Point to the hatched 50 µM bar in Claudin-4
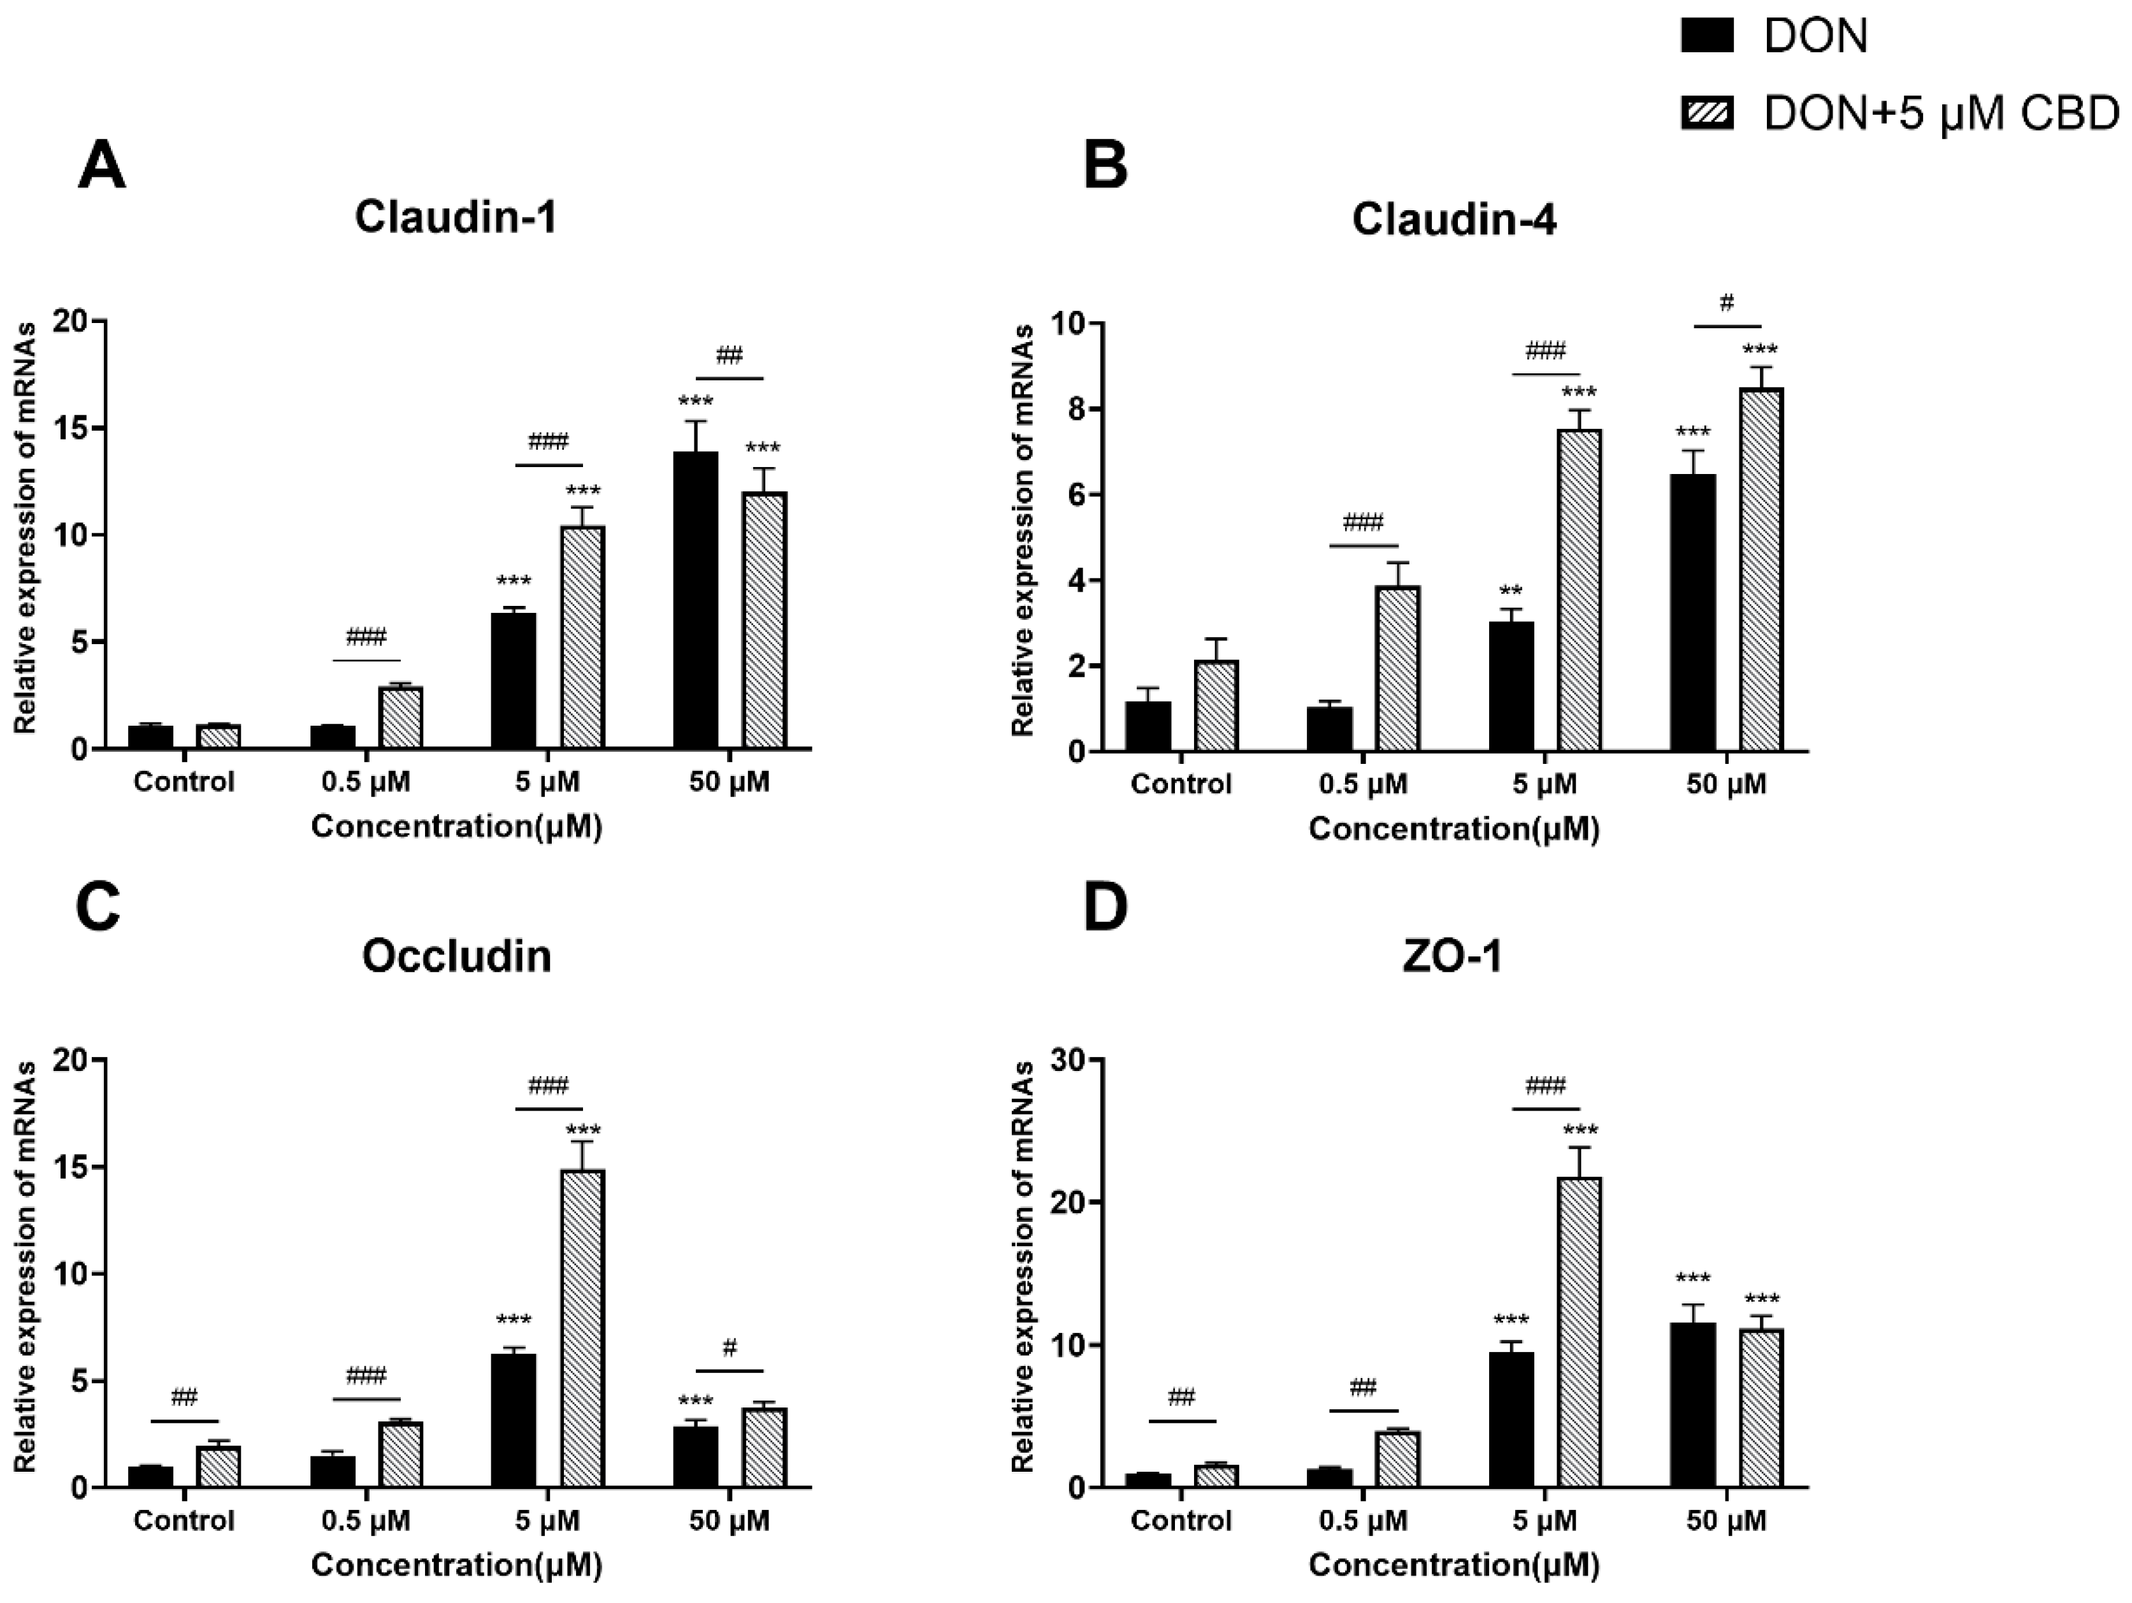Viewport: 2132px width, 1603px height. pos(1761,569)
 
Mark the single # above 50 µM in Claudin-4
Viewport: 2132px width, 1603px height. pos(1726,305)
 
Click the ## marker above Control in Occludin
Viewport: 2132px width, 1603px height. pos(184,1397)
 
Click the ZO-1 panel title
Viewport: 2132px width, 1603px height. pos(1453,957)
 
